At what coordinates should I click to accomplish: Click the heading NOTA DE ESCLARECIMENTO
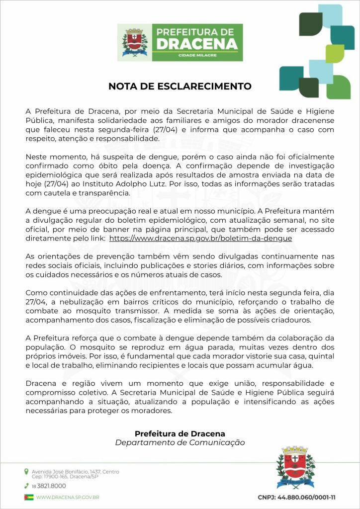pos(180,86)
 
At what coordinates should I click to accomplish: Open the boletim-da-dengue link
pos(200,238)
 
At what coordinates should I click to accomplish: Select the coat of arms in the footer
pos(295,468)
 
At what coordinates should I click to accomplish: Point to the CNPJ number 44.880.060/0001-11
pos(296,497)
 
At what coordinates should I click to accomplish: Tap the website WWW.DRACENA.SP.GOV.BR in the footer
pos(68,497)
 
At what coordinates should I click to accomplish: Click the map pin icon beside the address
pos(26,471)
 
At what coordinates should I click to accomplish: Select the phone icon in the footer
pos(26,486)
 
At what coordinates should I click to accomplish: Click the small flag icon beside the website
pos(29,497)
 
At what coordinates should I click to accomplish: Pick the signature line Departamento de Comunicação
pos(180,442)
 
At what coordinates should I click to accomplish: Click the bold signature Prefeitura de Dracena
pos(180,433)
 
